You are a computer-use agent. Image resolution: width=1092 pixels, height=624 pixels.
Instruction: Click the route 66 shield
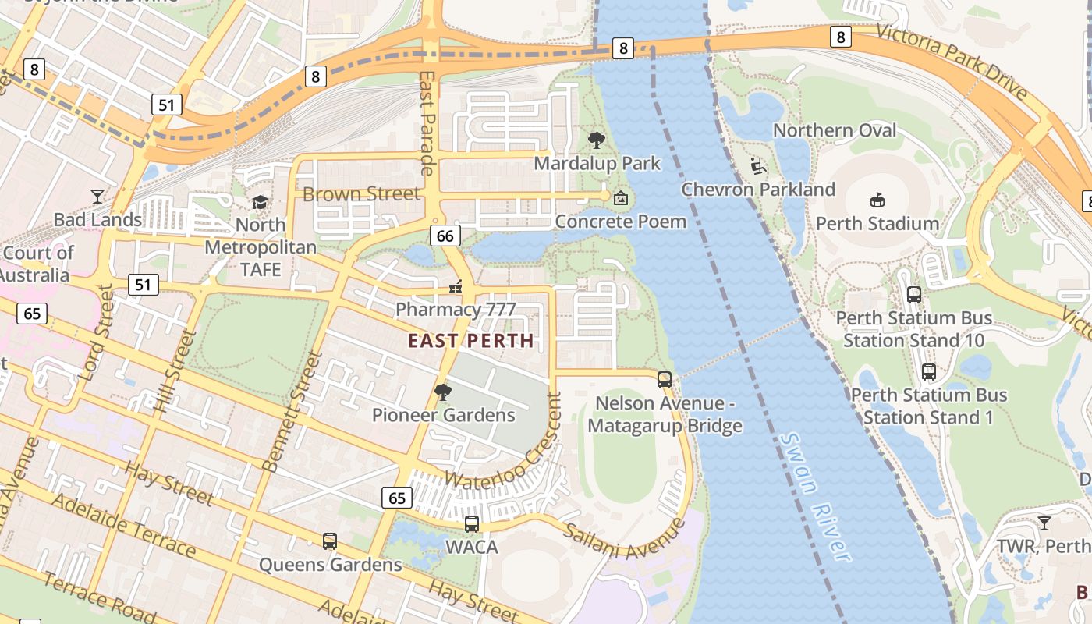pos(445,236)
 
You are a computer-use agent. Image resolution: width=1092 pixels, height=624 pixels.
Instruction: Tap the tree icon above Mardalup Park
pos(597,140)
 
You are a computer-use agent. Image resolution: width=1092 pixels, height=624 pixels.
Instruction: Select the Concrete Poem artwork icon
pos(620,198)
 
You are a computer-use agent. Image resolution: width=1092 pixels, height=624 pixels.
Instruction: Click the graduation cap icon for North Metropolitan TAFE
pos(260,202)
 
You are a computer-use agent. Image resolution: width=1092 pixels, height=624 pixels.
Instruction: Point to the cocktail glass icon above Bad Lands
pos(97,196)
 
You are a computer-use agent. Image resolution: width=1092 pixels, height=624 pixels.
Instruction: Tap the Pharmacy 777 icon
pos(456,288)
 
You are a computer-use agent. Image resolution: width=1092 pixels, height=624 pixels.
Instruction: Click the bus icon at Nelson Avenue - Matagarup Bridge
pos(665,380)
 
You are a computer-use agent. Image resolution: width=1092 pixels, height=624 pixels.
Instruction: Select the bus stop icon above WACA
pos(472,524)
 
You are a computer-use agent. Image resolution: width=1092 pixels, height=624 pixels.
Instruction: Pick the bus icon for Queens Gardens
pos(330,541)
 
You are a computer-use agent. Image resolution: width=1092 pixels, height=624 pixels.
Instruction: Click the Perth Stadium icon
pos(877,200)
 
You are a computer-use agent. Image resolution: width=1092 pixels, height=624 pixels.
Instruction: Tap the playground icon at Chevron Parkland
pos(757,166)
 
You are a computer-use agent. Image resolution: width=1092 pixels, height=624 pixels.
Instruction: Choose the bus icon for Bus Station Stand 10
pos(914,295)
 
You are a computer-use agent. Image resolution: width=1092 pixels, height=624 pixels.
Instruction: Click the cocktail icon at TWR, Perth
pos(1044,523)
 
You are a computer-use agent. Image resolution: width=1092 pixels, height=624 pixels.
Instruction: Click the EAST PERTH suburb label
pos(471,341)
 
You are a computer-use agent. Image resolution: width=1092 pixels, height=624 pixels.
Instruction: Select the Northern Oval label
pos(835,130)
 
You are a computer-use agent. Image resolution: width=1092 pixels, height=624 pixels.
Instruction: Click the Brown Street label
pos(361,193)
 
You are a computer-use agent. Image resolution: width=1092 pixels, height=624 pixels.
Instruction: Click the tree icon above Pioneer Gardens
pos(443,392)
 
